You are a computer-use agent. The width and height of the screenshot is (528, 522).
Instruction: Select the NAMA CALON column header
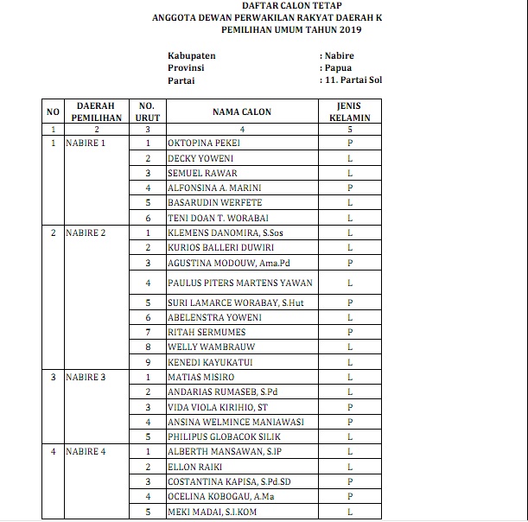tap(241, 112)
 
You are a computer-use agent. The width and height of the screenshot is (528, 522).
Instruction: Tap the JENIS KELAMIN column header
tap(349, 111)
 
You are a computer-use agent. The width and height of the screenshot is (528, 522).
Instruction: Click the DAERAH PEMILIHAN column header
tap(96, 111)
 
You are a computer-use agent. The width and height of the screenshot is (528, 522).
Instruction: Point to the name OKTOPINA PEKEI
tap(204, 143)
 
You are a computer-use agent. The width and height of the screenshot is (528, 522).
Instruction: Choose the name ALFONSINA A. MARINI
tap(214, 188)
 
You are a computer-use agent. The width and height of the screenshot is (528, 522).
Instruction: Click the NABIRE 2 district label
tap(86, 233)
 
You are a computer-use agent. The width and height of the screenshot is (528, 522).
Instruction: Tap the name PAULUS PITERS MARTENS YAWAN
tap(240, 283)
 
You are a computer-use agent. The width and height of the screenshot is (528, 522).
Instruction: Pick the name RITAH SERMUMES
tap(207, 332)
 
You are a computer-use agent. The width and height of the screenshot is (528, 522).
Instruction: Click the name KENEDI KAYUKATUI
tap(210, 362)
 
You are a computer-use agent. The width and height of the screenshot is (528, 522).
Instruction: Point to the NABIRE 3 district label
tap(86, 377)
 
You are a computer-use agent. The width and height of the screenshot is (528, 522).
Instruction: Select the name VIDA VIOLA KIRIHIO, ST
tap(218, 407)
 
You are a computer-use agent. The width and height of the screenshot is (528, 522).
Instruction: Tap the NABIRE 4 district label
tap(86, 452)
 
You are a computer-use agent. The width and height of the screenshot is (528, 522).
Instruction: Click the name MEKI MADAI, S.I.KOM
tap(212, 512)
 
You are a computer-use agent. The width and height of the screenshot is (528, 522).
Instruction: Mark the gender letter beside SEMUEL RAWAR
tap(349, 173)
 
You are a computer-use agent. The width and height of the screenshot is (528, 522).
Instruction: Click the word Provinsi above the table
tap(186, 67)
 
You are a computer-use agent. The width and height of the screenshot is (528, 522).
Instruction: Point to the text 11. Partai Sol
tap(351, 80)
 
